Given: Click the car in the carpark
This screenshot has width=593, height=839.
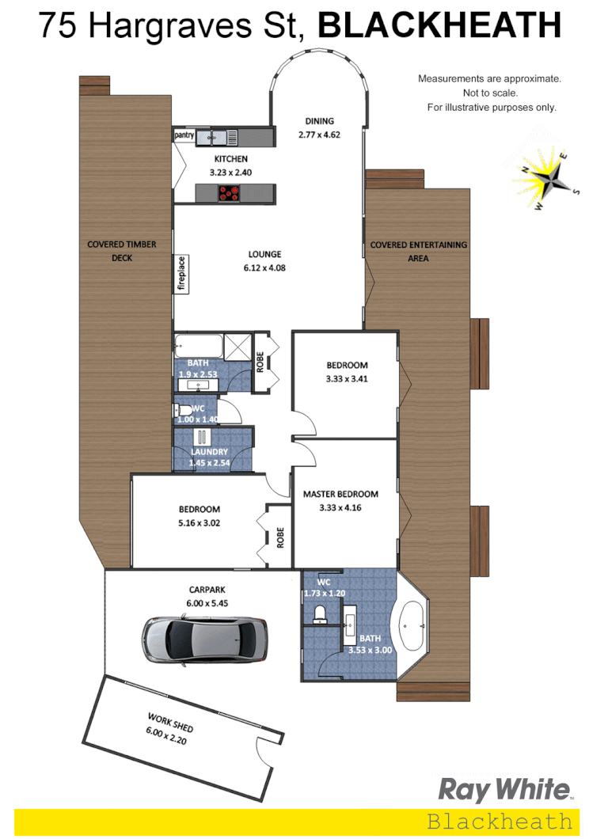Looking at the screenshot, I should point(205,639).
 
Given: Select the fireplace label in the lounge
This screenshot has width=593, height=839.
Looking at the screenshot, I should point(181,274).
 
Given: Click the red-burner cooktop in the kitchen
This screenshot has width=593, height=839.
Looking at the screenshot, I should point(230,192).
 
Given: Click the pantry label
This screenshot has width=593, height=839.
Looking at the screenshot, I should point(184,136).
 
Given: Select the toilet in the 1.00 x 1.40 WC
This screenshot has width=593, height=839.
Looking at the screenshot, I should point(184,410).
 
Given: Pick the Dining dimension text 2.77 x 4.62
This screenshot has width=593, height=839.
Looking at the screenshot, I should point(320,135).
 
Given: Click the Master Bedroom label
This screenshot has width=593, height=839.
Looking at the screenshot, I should point(340,494).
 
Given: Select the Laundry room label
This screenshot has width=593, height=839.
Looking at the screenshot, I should point(209,452).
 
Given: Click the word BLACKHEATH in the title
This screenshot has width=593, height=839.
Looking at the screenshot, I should point(439,26).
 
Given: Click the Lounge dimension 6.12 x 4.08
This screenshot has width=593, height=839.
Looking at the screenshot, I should point(265,268).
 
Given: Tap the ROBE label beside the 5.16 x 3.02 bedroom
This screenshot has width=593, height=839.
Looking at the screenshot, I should point(280,537).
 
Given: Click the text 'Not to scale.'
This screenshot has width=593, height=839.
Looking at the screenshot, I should point(489,93).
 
